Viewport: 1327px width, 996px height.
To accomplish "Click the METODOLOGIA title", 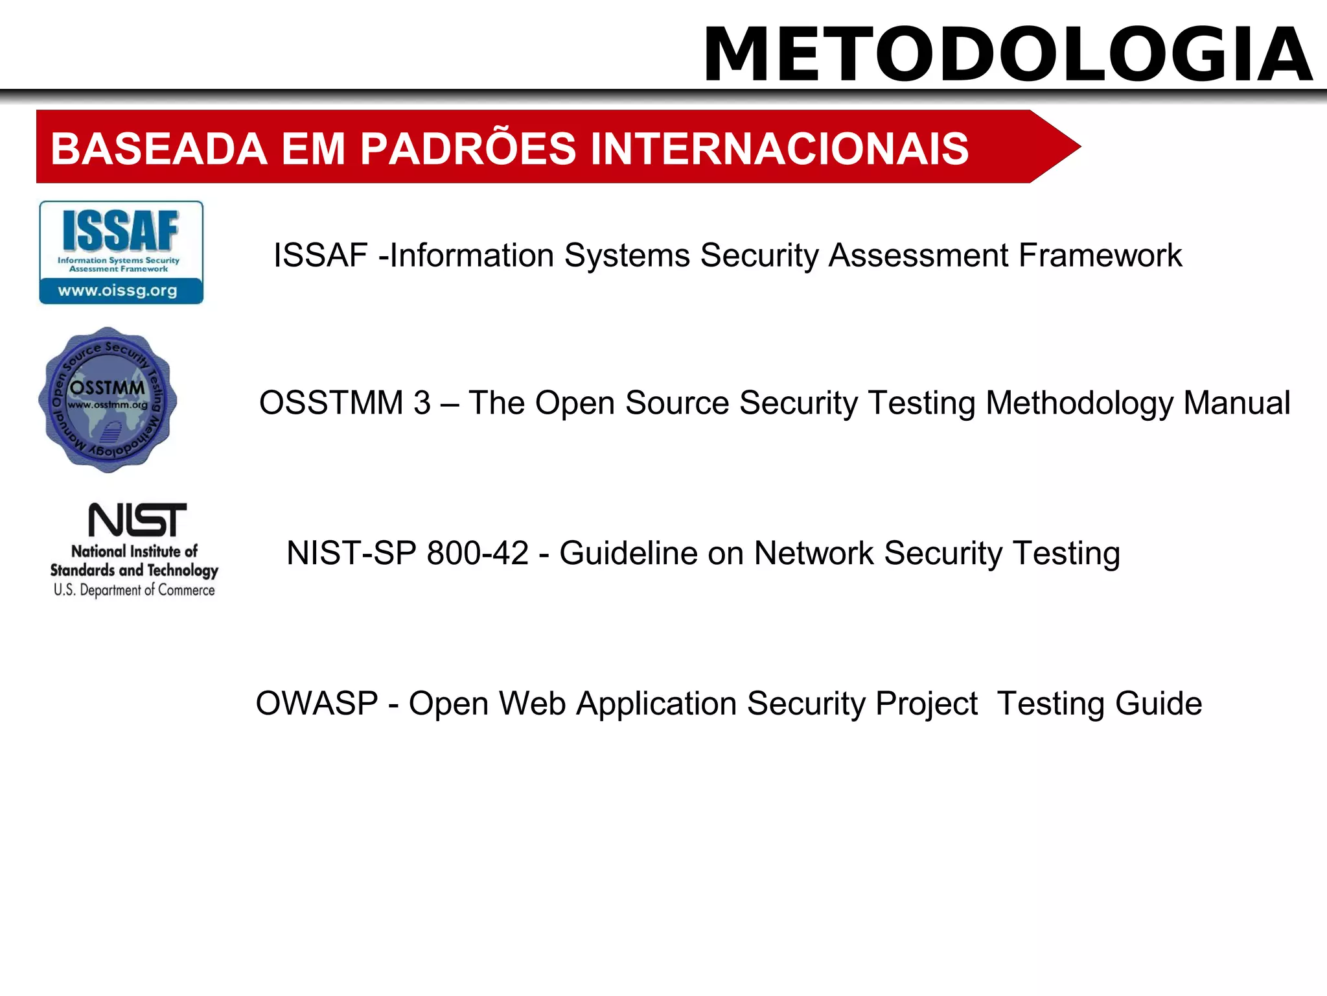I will click(1008, 54).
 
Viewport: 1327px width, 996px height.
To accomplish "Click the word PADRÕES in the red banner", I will click(467, 148).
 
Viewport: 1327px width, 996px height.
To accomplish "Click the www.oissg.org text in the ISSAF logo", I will click(118, 290).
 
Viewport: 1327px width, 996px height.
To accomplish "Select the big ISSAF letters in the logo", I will click(121, 231).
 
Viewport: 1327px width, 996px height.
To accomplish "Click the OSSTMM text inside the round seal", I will click(108, 388).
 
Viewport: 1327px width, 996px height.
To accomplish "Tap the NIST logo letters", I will click(137, 520).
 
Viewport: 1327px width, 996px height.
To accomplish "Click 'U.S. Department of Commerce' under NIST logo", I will click(134, 590).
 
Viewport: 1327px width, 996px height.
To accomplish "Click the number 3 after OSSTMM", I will click(422, 403).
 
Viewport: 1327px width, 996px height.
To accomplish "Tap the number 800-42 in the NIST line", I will click(478, 553).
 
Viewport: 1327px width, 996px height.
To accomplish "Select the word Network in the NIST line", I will click(814, 553).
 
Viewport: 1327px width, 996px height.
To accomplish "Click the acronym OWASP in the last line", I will click(317, 704).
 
